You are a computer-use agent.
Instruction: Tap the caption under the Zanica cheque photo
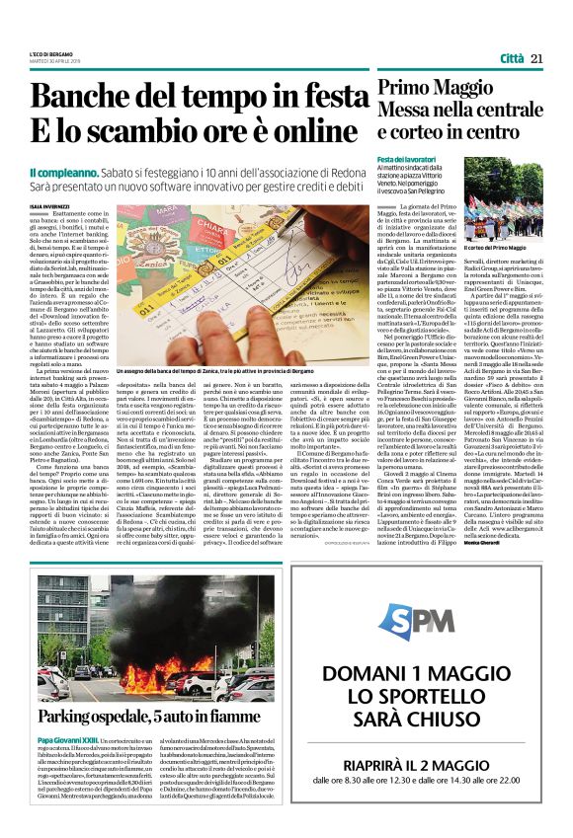tap(238, 397)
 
